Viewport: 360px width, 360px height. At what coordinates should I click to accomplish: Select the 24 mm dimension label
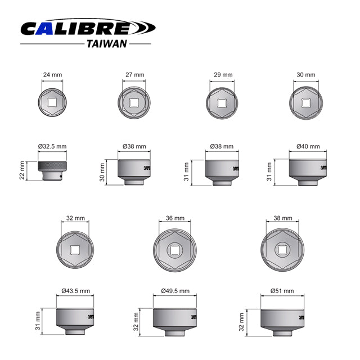coord(51,74)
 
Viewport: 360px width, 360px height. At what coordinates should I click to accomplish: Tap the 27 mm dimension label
coord(134,74)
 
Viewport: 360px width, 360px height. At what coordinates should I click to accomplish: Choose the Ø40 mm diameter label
coord(308,146)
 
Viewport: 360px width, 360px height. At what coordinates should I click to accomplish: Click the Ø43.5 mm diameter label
coord(75,291)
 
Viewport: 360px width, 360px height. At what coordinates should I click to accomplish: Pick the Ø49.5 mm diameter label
coord(175,291)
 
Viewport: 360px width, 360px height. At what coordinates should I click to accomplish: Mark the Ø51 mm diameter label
coord(282,291)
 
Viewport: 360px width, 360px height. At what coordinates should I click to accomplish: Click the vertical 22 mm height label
coord(22,170)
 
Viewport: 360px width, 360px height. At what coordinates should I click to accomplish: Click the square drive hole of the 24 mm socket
coord(51,102)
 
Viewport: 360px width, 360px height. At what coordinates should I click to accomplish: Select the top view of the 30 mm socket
coord(306,102)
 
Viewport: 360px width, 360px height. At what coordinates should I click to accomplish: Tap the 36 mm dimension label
coord(175,218)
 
